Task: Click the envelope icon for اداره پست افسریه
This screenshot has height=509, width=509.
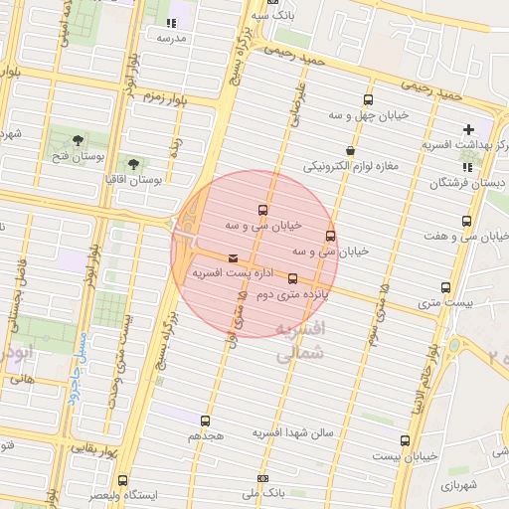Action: pyautogui.click(x=233, y=258)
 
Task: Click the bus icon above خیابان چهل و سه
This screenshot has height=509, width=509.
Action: pyautogui.click(x=369, y=100)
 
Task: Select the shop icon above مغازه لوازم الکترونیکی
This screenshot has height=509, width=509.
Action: pyautogui.click(x=349, y=150)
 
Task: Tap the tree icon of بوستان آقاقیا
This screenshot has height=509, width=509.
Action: pyautogui.click(x=133, y=164)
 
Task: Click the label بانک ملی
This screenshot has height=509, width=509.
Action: pyautogui.click(x=264, y=492)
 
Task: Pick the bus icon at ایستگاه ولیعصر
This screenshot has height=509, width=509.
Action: pyautogui.click(x=122, y=480)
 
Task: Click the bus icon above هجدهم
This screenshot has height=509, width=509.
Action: pyautogui.click(x=206, y=421)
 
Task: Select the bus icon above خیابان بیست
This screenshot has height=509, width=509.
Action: pyautogui.click(x=404, y=440)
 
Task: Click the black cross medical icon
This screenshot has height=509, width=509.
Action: pyautogui.click(x=468, y=129)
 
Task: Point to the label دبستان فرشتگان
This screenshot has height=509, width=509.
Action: pyautogui.click(x=467, y=184)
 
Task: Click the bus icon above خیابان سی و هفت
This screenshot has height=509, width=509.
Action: pyautogui.click(x=467, y=222)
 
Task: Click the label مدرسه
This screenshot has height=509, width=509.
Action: pyautogui.click(x=171, y=38)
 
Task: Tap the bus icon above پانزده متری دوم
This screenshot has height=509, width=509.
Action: pyautogui.click(x=292, y=279)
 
